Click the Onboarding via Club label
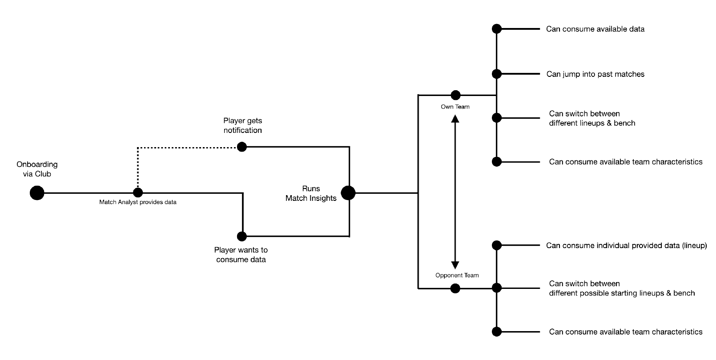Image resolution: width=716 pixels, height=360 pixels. [x=37, y=169]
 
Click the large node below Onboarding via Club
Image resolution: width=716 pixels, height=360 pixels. [x=37, y=193]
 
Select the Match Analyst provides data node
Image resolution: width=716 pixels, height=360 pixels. [x=138, y=193]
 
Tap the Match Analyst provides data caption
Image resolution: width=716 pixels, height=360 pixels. [x=138, y=203]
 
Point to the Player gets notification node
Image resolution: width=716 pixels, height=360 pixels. [x=241, y=147]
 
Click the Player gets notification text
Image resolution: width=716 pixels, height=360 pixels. [x=243, y=126]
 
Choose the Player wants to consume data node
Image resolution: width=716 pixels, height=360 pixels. [x=241, y=236]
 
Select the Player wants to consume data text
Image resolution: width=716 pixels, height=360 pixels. [x=241, y=255]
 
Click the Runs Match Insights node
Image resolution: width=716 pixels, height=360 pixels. [x=348, y=193]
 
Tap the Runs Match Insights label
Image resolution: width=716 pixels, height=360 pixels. [x=311, y=193]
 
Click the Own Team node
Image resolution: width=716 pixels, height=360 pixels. [x=455, y=95]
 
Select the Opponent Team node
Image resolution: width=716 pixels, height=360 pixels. [x=455, y=289]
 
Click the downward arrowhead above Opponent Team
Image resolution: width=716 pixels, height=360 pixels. [x=455, y=265]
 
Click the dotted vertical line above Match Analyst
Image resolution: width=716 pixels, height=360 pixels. [x=138, y=169]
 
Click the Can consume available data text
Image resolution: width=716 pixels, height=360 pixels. [x=595, y=29]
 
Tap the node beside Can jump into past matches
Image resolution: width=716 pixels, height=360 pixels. [x=497, y=74]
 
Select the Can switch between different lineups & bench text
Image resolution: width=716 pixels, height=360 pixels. [x=592, y=118]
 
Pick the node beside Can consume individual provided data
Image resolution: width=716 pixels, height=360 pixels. [x=497, y=245]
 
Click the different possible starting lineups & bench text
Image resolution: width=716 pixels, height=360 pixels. [x=622, y=293]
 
